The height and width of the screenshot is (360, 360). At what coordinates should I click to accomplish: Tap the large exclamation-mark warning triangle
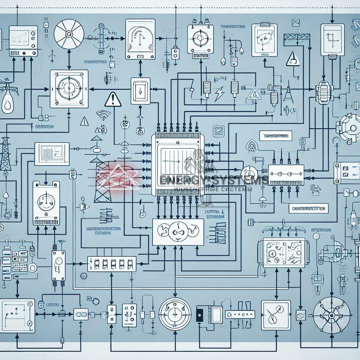pyautogui.click(x=112, y=99)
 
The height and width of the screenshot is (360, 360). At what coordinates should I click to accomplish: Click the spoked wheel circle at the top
pyautogui.click(x=69, y=34)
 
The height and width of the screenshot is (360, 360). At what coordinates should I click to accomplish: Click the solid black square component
pyautogui.click(x=199, y=313)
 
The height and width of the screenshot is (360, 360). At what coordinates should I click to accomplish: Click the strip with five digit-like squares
pyautogui.click(x=111, y=263)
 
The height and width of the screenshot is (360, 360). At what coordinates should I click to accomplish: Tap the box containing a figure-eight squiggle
pyautogui.click(x=276, y=314)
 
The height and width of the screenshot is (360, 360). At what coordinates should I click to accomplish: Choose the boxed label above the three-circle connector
pyautogui.click(x=276, y=135)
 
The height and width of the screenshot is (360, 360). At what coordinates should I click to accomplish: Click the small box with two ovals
pyautogui.click(x=81, y=314)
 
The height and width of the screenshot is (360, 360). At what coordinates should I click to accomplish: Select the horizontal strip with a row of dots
pyautogui.click(x=240, y=314)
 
